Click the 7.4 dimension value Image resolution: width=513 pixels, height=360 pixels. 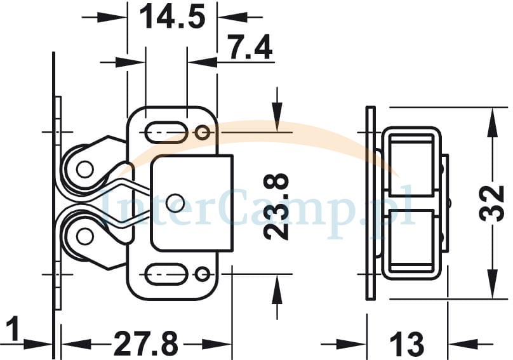point(250,48)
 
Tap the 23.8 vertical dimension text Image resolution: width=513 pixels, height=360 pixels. point(277,207)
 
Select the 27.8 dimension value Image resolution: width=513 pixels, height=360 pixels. point(146,343)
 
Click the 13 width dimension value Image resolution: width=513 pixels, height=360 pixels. point(407,344)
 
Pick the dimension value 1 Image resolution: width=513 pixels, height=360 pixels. point(13,329)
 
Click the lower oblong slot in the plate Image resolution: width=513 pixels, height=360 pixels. point(166,274)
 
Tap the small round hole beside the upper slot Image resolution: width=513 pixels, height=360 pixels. point(203,133)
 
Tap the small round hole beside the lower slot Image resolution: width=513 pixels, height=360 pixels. point(203,274)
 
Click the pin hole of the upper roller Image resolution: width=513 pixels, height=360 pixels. point(84,169)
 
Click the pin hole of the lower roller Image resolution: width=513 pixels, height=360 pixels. point(84,237)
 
